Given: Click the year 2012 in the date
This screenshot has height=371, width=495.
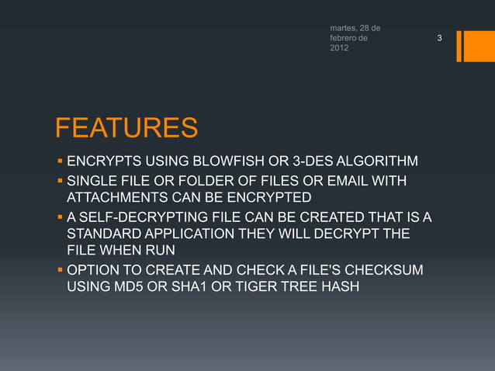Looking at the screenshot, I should click(x=339, y=49).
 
